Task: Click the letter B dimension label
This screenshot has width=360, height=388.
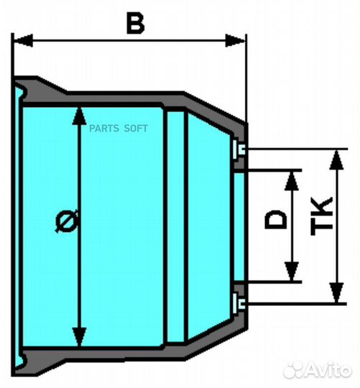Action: click(135, 23)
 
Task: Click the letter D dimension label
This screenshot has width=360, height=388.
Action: click(276, 219)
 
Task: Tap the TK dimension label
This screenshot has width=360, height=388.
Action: click(322, 216)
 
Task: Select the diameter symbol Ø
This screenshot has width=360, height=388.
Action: click(67, 221)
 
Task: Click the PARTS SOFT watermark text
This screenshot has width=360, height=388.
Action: click(119, 129)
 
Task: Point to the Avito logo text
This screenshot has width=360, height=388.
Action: click(329, 371)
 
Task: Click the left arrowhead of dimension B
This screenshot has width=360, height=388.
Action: click(23, 40)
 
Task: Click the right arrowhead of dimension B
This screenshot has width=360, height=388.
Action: click(235, 40)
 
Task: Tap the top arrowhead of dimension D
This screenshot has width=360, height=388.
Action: click(292, 180)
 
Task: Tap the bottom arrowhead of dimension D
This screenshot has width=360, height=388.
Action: click(292, 272)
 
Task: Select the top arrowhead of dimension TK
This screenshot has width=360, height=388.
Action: click(337, 160)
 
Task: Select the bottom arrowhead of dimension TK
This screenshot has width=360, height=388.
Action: click(337, 292)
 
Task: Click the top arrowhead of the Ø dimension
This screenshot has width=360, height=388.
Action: click(79, 116)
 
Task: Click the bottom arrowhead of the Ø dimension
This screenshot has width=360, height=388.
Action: click(79, 337)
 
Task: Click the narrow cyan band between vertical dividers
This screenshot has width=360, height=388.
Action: click(175, 226)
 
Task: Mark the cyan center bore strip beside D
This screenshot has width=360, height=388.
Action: click(239, 227)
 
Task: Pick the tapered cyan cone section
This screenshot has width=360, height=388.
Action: click(209, 226)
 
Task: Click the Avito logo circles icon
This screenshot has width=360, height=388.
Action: click(294, 371)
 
